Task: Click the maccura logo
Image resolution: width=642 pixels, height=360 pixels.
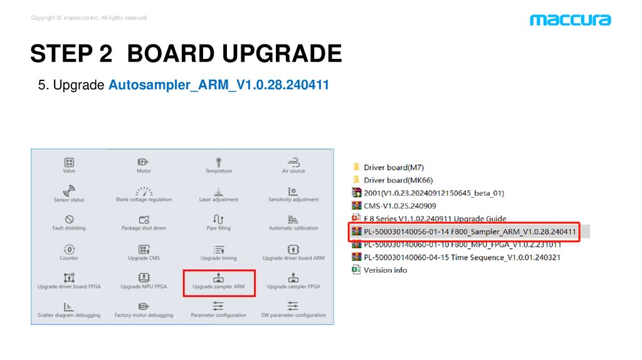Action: (570, 20)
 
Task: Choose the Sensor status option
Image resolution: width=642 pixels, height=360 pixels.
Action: (69, 192)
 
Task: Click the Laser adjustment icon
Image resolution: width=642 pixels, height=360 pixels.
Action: (218, 192)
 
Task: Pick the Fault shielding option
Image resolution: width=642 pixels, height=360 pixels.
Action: (69, 221)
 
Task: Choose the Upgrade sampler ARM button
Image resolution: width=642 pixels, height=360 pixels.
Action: (218, 282)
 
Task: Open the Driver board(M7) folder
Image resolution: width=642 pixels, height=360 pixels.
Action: (393, 167)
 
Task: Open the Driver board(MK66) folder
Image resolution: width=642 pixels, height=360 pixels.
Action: (398, 180)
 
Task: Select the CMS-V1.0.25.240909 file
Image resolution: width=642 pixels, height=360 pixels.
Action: (399, 206)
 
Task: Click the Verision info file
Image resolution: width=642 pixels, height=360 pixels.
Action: (385, 270)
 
